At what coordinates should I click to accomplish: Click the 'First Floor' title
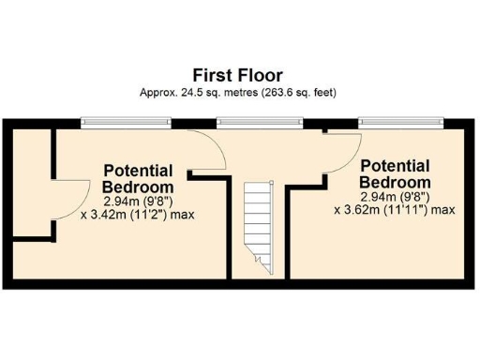(x=237, y=74)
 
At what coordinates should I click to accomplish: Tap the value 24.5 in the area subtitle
(x=195, y=92)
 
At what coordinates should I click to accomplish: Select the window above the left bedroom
(x=126, y=122)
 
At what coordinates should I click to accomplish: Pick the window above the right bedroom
(x=400, y=122)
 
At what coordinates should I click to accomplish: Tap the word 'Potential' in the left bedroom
(x=138, y=171)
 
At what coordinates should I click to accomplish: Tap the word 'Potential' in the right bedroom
(x=395, y=166)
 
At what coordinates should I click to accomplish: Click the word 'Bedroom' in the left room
(x=138, y=186)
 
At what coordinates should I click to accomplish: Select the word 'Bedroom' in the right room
(x=395, y=182)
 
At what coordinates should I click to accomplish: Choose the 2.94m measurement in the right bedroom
(x=379, y=196)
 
